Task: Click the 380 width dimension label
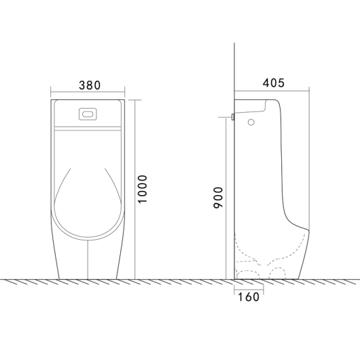90,85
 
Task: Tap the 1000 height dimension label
142,189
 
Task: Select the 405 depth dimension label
274,83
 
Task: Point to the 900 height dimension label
218,198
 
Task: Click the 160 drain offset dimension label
249,297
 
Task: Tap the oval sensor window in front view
88,114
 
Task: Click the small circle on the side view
251,122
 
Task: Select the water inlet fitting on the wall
233,117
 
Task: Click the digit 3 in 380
82,86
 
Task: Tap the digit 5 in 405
281,83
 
